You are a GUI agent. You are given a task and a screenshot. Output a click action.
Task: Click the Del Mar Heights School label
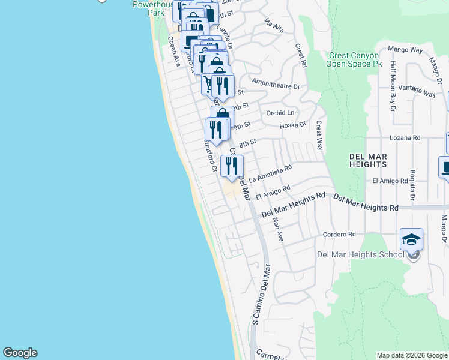[x=361, y=254]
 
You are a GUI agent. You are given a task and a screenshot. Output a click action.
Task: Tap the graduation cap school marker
[x=411, y=240]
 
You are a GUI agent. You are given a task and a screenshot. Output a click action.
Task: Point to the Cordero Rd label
[x=339, y=234]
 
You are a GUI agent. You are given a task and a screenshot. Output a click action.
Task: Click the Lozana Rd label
[x=404, y=137]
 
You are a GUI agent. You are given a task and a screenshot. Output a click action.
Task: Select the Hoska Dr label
[x=293, y=125]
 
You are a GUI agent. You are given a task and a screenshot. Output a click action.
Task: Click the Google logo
[x=20, y=353]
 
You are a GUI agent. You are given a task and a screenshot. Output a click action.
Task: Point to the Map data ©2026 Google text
[x=412, y=355]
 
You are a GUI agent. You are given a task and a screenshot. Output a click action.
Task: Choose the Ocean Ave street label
[x=174, y=52]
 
